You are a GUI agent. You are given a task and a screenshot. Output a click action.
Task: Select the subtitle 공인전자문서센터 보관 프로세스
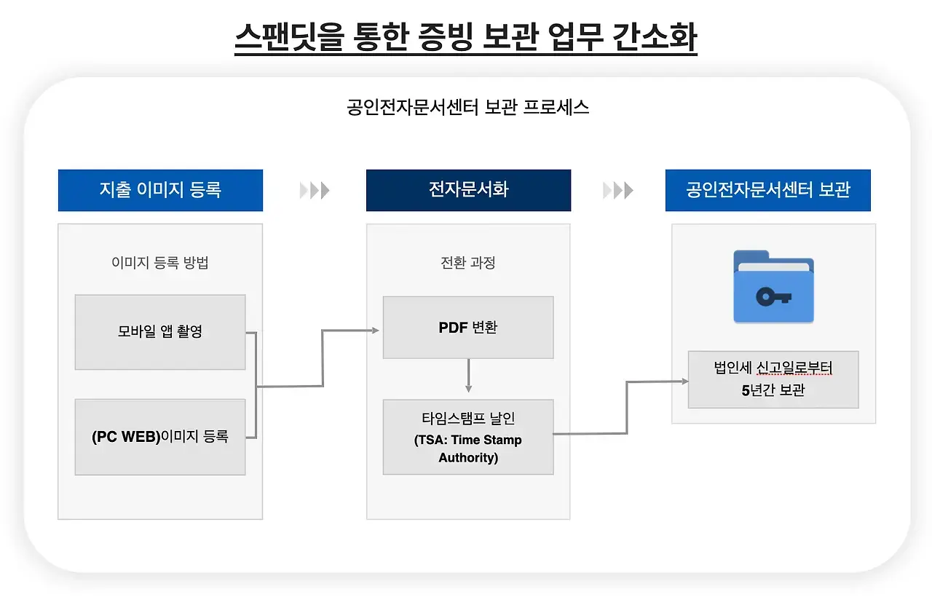(x=468, y=108)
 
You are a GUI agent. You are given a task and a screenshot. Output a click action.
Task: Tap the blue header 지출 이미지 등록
(x=160, y=190)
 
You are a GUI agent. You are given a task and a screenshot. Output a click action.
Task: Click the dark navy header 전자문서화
(x=468, y=190)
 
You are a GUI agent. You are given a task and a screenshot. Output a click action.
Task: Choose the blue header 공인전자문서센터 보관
(x=767, y=190)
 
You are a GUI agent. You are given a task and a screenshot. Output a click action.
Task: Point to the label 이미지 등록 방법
(x=160, y=263)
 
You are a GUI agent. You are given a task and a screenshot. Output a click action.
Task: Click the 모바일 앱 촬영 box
(x=160, y=332)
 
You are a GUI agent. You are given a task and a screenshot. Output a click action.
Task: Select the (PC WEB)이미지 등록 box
(x=160, y=437)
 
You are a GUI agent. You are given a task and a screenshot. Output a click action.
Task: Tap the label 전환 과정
(x=468, y=263)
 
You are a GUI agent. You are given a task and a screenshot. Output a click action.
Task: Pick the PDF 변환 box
(x=468, y=328)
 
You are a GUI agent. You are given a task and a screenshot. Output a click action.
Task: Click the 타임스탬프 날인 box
(x=468, y=437)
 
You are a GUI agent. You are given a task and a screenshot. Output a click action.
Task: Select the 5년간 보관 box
(x=773, y=379)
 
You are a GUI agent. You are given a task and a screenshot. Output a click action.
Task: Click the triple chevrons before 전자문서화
(x=315, y=191)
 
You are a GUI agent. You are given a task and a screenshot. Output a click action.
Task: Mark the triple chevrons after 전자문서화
(x=618, y=191)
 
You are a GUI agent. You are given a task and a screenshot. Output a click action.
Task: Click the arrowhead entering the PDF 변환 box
(x=376, y=331)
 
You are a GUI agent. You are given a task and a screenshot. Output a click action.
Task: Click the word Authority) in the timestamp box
(x=468, y=458)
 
